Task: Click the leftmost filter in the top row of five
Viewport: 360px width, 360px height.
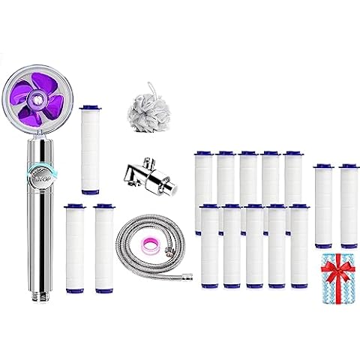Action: [x=204, y=180]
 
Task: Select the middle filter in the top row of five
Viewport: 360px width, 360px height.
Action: [x=249, y=180]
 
